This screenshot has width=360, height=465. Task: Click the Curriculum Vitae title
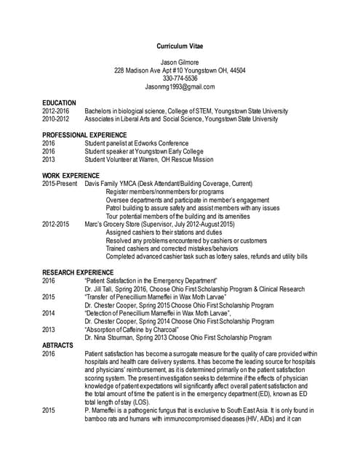(179, 46)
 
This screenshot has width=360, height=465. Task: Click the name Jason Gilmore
(179, 62)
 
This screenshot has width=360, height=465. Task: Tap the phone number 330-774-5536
(180, 78)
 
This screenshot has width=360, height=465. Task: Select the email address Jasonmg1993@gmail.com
(180, 86)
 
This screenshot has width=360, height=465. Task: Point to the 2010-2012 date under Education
(56, 118)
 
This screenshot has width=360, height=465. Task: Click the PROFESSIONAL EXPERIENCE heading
(84, 135)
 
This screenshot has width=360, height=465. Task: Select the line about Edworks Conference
(137, 143)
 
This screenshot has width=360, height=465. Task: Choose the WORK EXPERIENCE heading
(71, 176)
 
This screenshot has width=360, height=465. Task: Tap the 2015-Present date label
(60, 184)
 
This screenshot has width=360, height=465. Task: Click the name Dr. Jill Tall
(100, 288)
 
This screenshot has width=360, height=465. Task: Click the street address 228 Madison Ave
(143, 70)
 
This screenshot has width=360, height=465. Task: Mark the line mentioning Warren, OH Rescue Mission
(149, 159)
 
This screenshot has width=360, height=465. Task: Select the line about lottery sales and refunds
(207, 256)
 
